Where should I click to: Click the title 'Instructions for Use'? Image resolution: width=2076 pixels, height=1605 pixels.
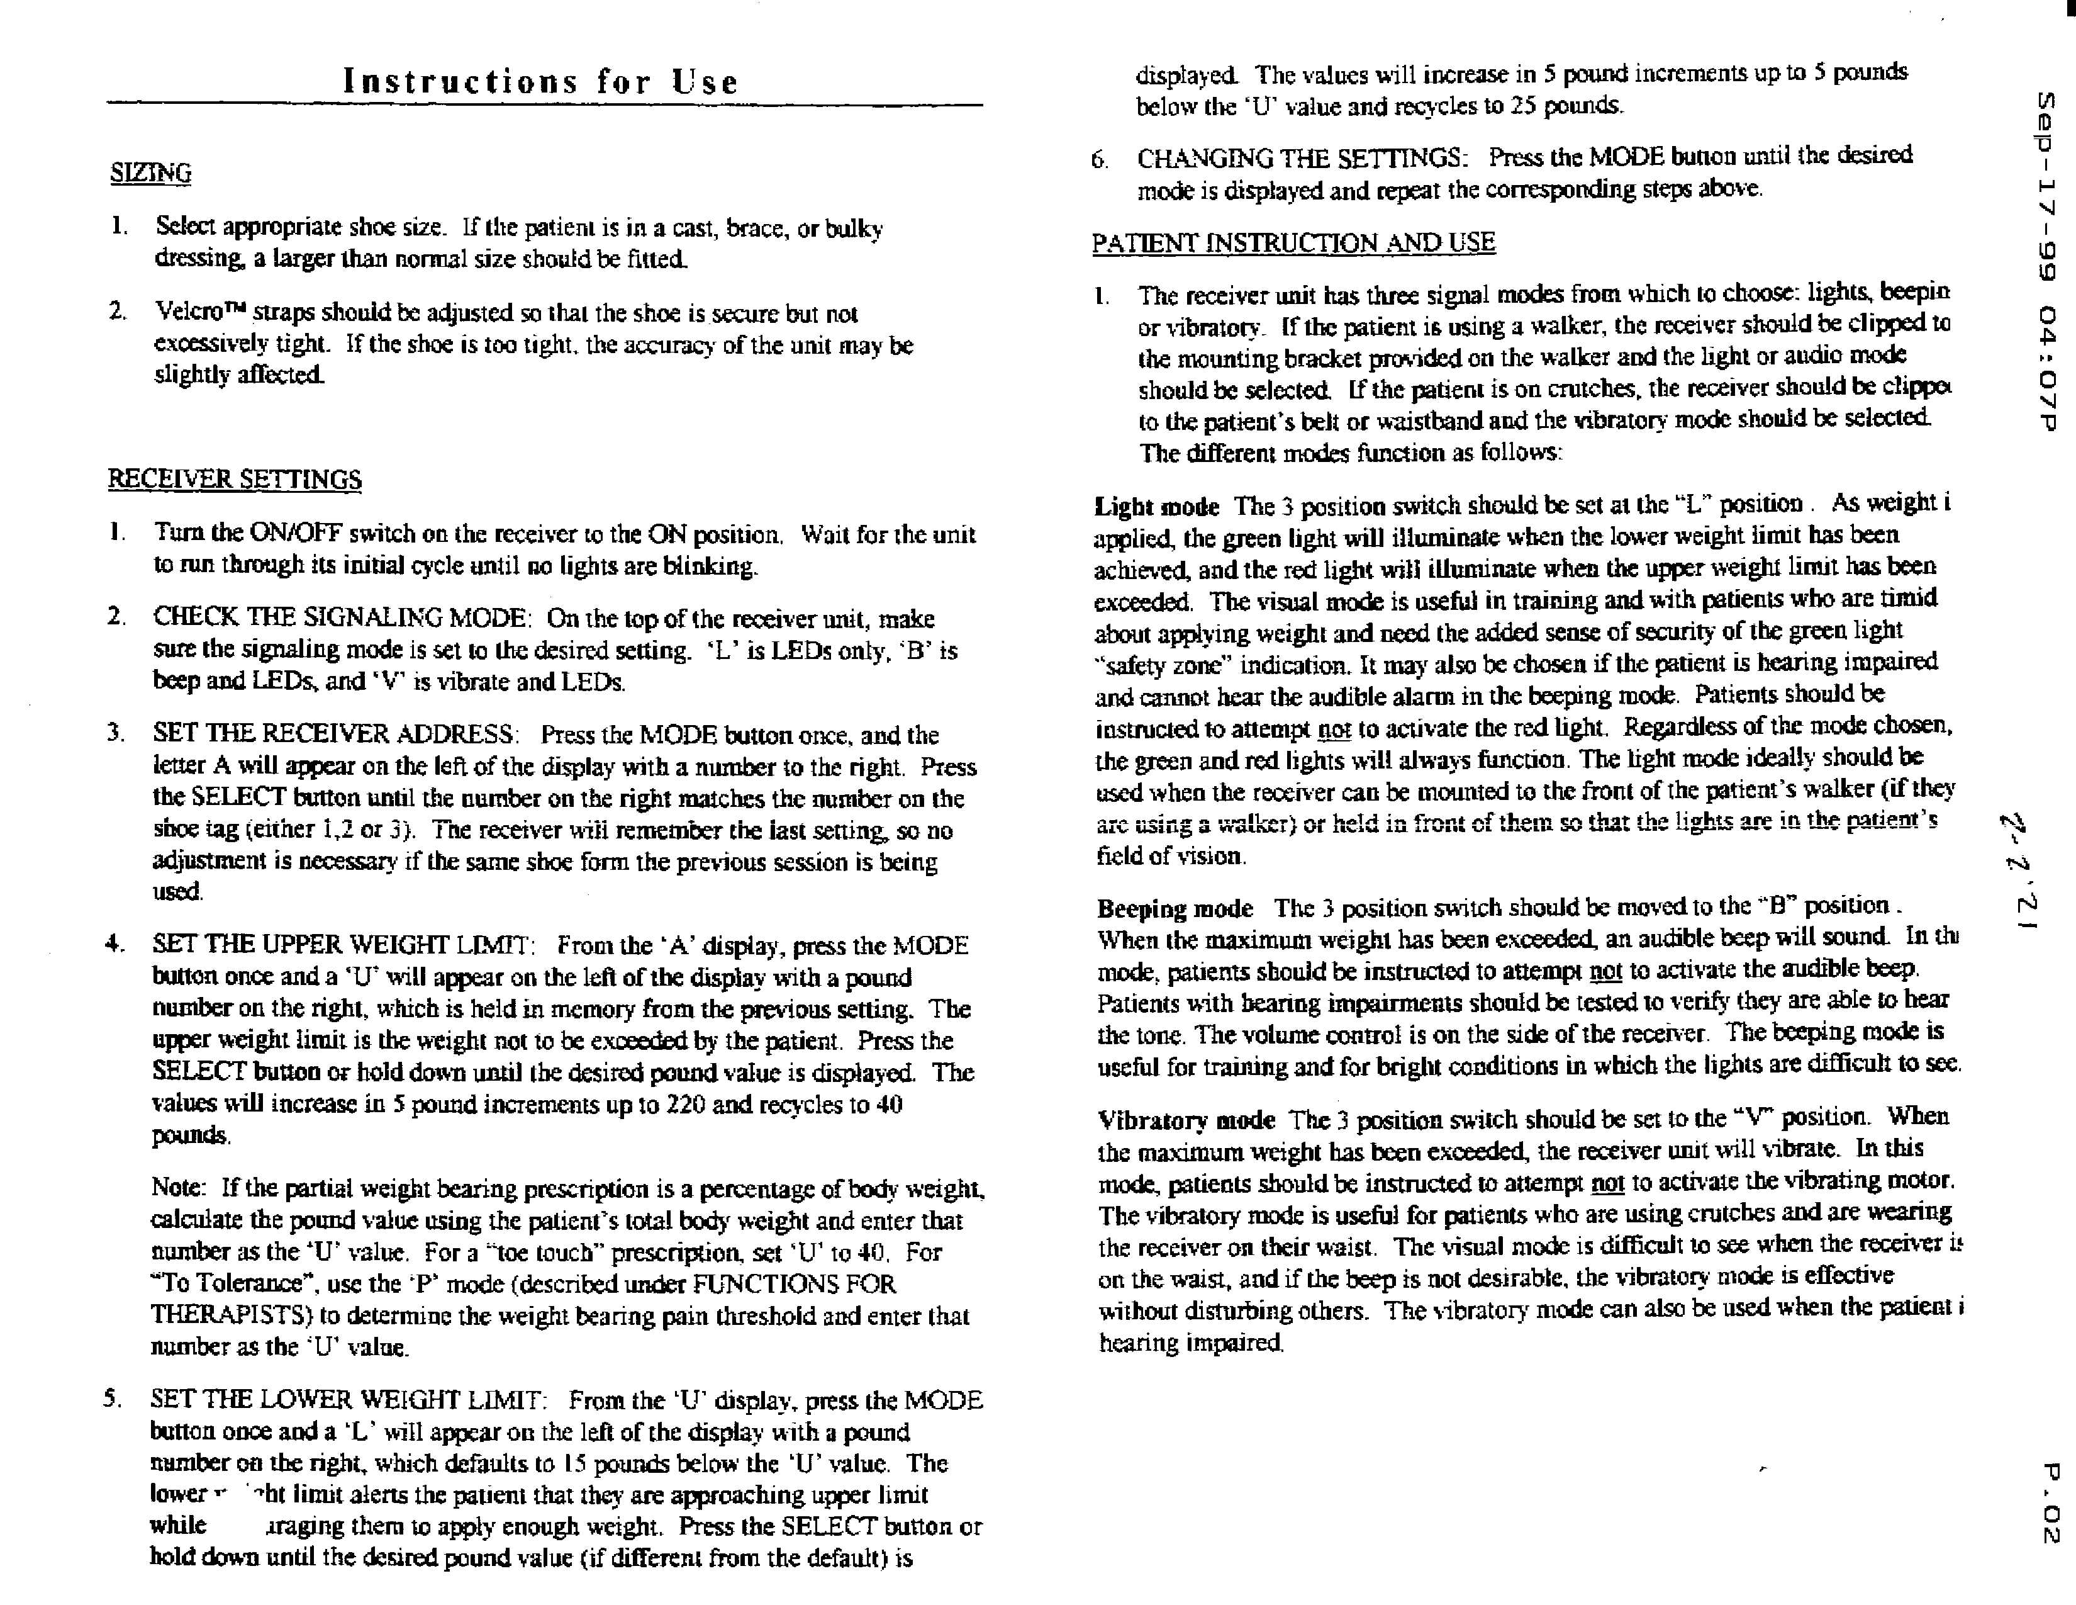[x=540, y=82]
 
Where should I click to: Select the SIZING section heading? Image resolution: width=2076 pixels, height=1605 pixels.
[x=150, y=173]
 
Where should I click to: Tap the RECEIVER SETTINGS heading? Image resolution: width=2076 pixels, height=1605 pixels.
[x=234, y=479]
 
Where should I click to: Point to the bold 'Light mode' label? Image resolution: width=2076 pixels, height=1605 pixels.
[x=1156, y=507]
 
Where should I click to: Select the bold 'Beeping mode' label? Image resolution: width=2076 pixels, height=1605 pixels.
[x=1175, y=909]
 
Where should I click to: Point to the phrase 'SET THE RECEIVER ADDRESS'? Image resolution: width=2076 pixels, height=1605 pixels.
[x=335, y=734]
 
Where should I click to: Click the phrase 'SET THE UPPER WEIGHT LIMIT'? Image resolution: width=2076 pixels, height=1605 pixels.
[x=342, y=945]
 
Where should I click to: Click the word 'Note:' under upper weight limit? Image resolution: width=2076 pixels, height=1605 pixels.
[x=178, y=1188]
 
